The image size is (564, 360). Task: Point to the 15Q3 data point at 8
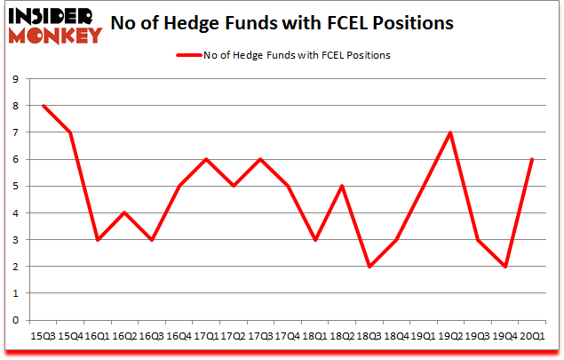(43, 106)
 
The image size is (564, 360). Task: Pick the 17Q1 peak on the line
(206, 159)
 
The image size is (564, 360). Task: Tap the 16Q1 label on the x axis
(97, 336)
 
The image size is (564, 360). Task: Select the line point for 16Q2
(124, 212)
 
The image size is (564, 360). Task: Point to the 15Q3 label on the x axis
(43, 336)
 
